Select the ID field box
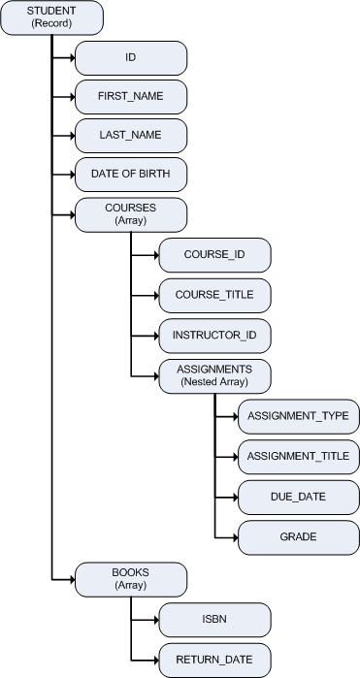(131, 58)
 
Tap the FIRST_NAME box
(131, 97)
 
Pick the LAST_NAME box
(131, 136)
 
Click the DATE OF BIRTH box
(131, 175)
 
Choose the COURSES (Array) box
(131, 213)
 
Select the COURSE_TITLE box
(214, 293)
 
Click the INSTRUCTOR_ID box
(214, 335)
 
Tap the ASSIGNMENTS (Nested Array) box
(214, 375)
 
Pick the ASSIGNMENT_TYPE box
(298, 416)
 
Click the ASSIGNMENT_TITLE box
(298, 455)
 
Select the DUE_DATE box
(298, 496)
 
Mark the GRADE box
(298, 536)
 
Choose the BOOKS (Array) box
(131, 577)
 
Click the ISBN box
(214, 618)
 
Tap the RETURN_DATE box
(214, 659)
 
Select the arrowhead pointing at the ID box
(71, 58)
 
